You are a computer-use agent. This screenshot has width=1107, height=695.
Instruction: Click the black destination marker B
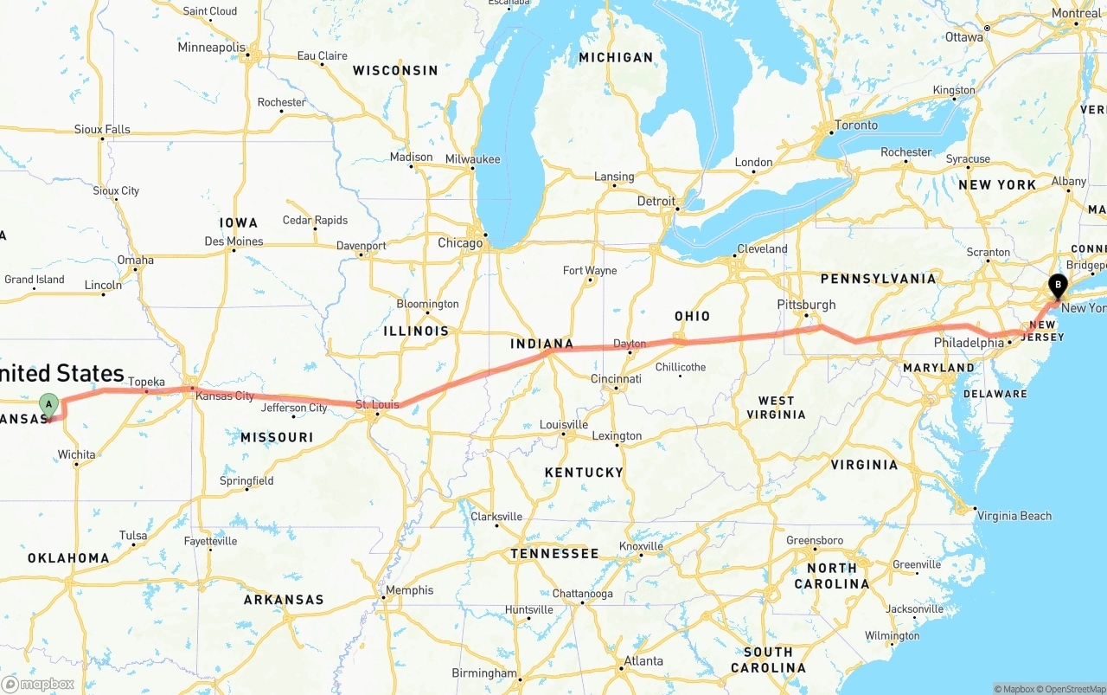point(1057,286)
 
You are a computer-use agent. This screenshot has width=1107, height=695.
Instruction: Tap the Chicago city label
point(460,243)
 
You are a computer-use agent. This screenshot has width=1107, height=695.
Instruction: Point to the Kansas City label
point(225,396)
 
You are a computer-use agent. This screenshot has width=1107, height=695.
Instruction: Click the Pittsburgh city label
point(806,305)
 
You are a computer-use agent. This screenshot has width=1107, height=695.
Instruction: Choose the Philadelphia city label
point(968,343)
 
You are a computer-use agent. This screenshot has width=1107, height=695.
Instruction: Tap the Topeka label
point(146,382)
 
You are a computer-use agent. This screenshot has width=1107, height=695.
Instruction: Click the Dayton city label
point(630,344)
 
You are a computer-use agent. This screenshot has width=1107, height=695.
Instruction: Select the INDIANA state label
point(542,344)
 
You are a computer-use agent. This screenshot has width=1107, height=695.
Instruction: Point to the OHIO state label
point(692,316)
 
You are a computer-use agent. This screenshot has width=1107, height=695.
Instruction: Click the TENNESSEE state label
point(554,553)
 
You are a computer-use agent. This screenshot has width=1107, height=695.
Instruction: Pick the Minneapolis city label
point(211,47)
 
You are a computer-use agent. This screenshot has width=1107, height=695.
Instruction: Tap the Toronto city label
point(856,125)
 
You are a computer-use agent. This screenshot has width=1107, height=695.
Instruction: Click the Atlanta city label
point(643,661)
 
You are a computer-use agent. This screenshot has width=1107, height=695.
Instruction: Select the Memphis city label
point(410,590)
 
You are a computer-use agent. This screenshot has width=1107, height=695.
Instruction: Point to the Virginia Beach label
point(1014,516)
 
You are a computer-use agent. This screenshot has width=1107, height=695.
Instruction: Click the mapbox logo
point(38,684)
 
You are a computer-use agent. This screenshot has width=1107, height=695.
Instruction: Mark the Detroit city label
point(656,201)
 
